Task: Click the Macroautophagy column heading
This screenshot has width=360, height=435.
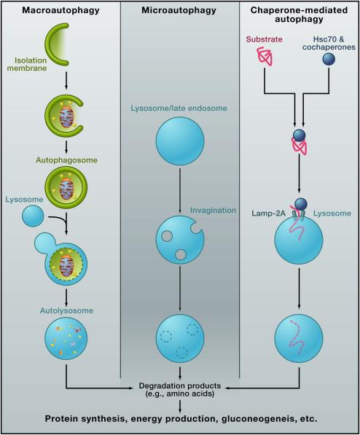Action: [60, 10]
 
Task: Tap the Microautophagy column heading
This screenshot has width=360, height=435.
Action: [179, 10]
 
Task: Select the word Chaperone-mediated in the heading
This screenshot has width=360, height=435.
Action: [299, 10]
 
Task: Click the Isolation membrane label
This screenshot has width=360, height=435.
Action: [27, 64]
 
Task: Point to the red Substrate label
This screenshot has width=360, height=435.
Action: [264, 39]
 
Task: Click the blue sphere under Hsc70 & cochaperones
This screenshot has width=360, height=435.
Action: [329, 59]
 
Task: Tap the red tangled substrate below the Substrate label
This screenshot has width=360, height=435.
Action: [265, 56]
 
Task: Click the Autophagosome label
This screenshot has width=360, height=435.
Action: [66, 160]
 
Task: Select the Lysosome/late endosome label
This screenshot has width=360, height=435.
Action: [179, 108]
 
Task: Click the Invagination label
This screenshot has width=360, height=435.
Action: [214, 211]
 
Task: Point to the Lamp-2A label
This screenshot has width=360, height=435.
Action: [269, 213]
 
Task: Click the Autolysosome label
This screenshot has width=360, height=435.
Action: [66, 310]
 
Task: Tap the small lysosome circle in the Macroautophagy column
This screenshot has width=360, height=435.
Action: [33, 216]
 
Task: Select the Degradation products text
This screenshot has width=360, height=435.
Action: [180, 385]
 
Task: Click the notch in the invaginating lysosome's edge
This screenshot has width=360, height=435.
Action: [197, 227]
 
